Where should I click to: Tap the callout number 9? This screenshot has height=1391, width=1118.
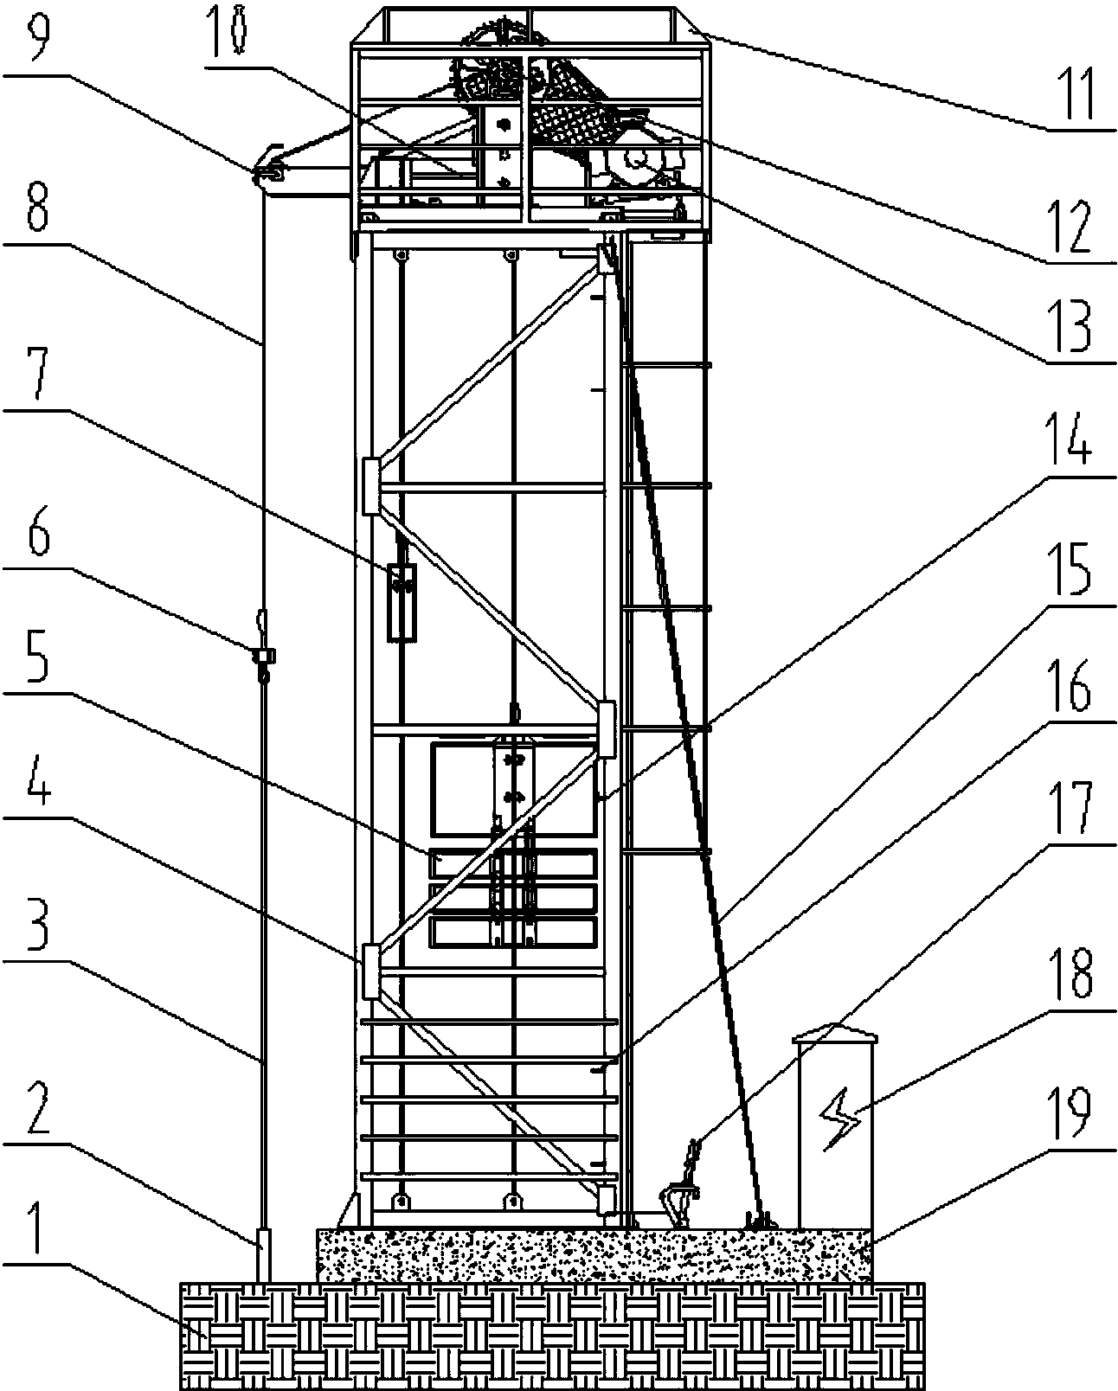click(39, 32)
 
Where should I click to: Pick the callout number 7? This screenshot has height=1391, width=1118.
click(39, 372)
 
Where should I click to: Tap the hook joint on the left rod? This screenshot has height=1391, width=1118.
click(265, 656)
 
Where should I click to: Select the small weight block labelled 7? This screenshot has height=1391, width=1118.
click(402, 602)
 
